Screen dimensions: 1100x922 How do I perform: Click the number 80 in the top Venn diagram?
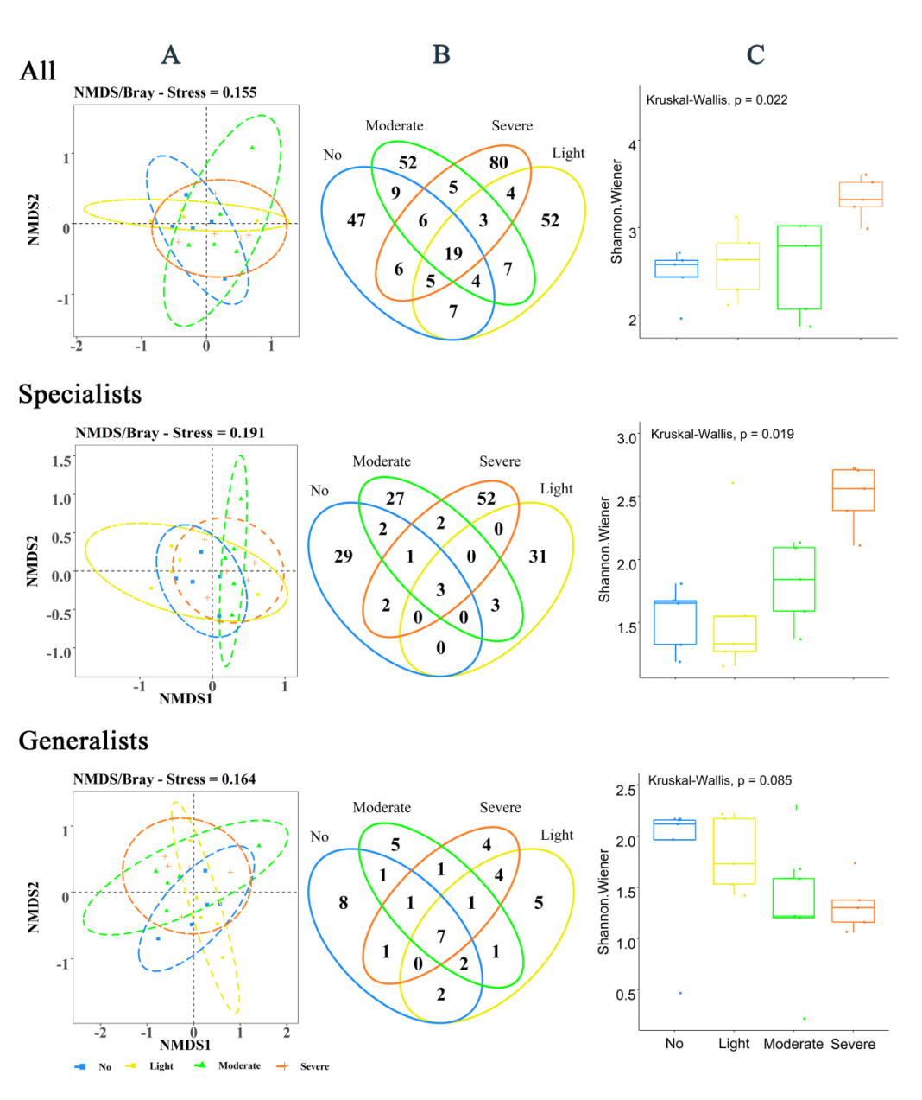pos(498,162)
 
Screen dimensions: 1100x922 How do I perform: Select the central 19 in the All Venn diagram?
pos(453,253)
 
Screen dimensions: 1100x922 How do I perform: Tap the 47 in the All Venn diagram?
pos(357,220)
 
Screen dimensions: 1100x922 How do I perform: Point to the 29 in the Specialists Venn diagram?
pos(344,556)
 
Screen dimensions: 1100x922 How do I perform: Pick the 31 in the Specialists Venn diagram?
pos(538,556)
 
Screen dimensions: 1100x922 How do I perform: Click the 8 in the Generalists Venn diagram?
pos(344,902)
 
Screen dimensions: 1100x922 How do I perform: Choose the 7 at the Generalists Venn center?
pos(441,936)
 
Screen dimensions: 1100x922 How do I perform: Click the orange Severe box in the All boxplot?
pos(861,194)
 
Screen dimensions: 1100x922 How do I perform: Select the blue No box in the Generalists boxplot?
pos(674,830)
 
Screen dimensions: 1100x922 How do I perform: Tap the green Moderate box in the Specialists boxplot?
pos(794,579)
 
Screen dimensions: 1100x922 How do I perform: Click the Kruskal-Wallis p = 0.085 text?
pos(719,780)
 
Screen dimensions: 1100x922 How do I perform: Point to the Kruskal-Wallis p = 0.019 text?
pos(722,434)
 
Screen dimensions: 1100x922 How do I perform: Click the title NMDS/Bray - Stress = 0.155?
pos(165,92)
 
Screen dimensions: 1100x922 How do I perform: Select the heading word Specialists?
pos(79,394)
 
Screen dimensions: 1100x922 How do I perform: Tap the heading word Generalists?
pos(83,741)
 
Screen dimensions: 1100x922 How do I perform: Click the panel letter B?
pos(441,55)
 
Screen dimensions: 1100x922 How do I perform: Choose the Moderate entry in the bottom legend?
pos(239,1066)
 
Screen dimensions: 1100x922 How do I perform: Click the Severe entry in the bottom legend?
pos(314,1066)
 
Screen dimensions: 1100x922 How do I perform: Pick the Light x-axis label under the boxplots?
pos(734,1044)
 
